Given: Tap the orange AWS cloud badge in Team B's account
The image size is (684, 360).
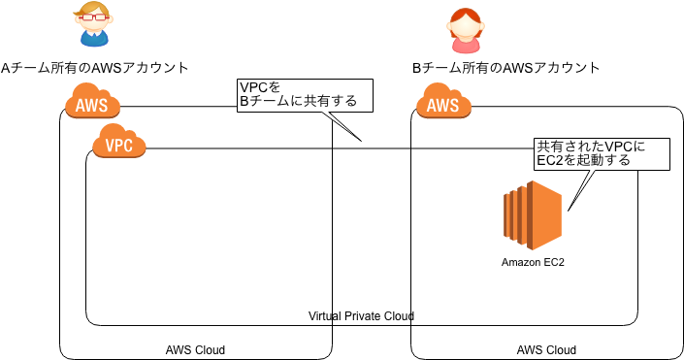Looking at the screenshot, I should [443, 104].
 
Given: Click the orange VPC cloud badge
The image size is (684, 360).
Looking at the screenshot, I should [118, 146].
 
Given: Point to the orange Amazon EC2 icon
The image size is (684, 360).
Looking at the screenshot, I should [533, 214].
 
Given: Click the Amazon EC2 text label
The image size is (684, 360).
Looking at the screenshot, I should [533, 262].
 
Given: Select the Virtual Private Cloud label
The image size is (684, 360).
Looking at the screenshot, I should [361, 316].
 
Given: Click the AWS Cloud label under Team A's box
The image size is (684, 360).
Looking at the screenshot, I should [195, 349].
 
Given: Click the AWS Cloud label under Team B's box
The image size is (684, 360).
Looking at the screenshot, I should [546, 349].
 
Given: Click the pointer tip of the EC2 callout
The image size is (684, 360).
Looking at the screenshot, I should [569, 210].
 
